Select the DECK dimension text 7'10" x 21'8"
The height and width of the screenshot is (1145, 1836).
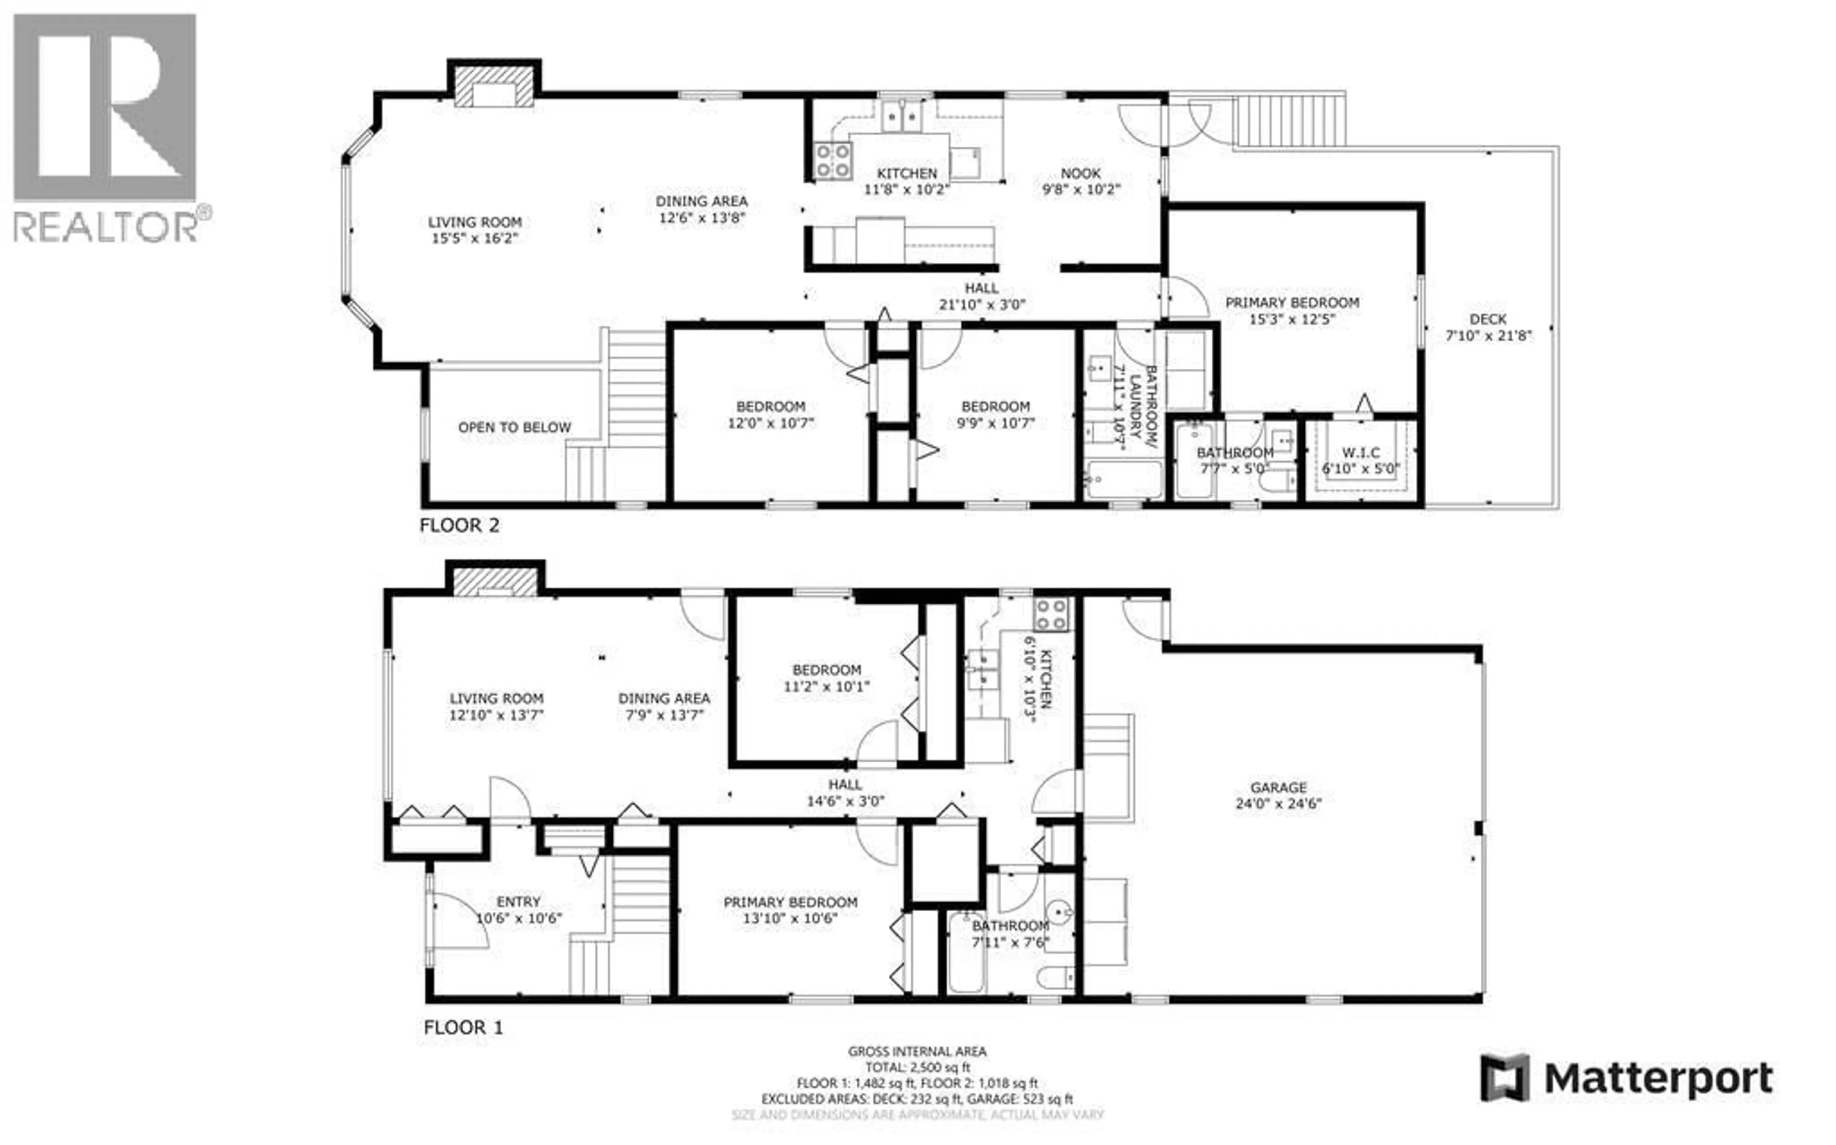pyautogui.click(x=1488, y=335)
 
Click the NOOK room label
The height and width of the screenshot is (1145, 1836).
pyautogui.click(x=1080, y=173)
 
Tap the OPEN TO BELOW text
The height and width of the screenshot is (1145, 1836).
pyautogui.click(x=514, y=428)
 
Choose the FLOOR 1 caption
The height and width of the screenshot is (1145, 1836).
pyautogui.click(x=463, y=1027)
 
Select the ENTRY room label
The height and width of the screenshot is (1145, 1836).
pyautogui.click(x=518, y=902)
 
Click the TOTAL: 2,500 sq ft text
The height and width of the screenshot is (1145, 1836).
pyautogui.click(x=917, y=1068)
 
